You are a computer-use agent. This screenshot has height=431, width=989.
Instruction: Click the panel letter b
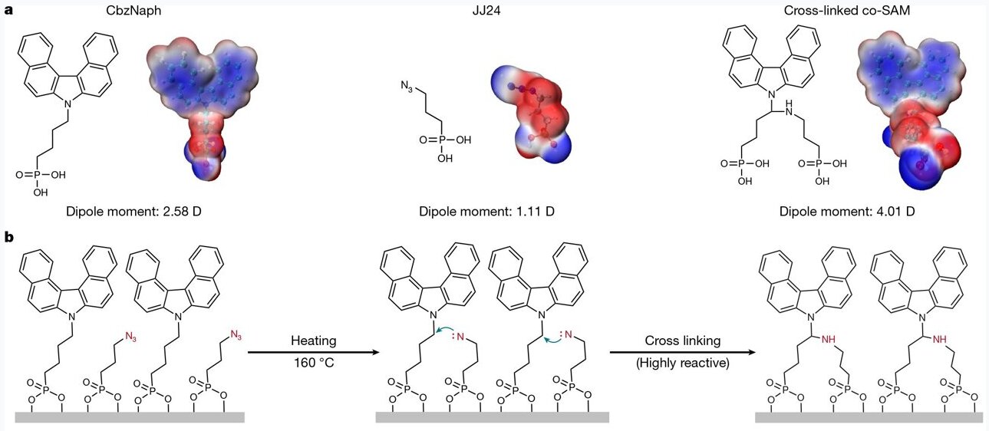click(x=10, y=239)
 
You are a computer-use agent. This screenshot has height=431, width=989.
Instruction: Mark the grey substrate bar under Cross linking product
click(x=869, y=417)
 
